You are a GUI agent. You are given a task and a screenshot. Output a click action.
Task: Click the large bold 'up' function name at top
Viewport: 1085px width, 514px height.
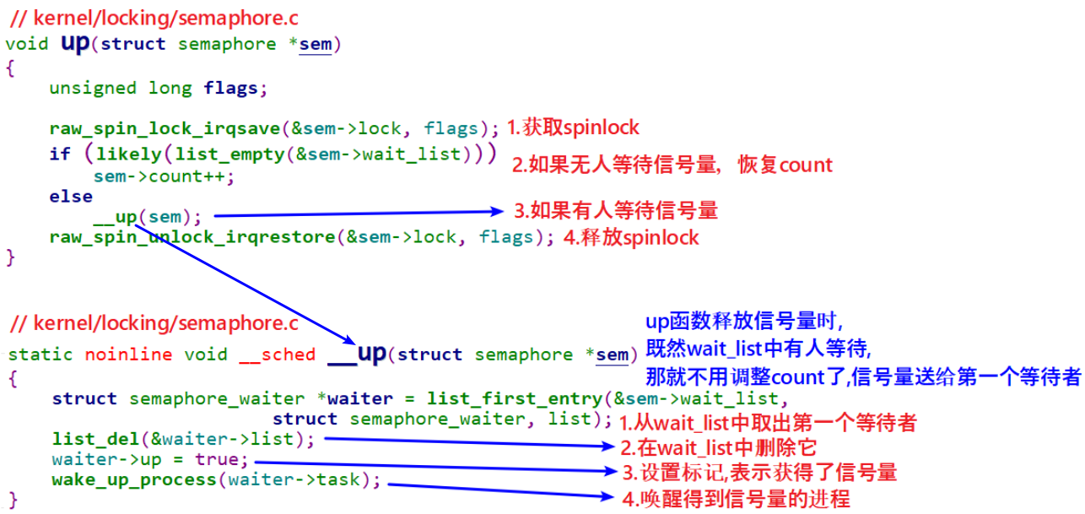click(x=75, y=43)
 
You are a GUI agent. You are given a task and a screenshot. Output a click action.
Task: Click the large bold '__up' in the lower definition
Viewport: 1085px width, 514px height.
click(x=357, y=353)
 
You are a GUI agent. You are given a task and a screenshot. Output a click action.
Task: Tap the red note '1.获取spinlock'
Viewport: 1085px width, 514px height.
click(x=573, y=128)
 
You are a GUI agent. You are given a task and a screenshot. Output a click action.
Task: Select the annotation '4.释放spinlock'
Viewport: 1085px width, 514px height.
click(x=630, y=237)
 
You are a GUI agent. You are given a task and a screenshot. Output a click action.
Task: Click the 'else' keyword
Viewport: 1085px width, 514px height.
click(x=70, y=196)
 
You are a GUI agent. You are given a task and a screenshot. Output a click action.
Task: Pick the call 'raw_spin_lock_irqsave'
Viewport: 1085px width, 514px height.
click(x=165, y=129)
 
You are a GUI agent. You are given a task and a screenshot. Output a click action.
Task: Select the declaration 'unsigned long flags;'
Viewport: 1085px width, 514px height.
click(x=158, y=87)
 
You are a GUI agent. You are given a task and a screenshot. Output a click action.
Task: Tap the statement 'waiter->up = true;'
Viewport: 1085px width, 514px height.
click(x=150, y=460)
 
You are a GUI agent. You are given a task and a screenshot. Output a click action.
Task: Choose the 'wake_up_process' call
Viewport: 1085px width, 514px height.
click(x=133, y=480)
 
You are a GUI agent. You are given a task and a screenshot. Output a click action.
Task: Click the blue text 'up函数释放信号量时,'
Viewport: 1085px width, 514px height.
click(x=744, y=322)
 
